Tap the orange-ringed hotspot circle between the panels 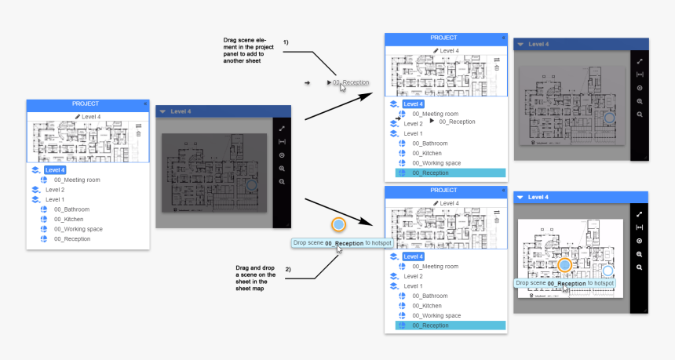pyautogui.click(x=338, y=225)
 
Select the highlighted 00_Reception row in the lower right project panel pyautogui.click(x=450, y=325)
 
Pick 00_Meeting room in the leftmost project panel pyautogui.click(x=78, y=180)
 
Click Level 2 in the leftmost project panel pyautogui.click(x=55, y=190)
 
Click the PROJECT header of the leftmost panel pyautogui.click(x=86, y=104)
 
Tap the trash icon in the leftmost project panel pyautogui.click(x=139, y=134)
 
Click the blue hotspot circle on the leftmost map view pyautogui.click(x=250, y=185)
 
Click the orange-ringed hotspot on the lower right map pyautogui.click(x=564, y=266)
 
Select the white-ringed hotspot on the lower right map pyautogui.click(x=607, y=271)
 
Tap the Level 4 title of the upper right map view pyautogui.click(x=539, y=45)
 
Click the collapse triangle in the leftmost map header pyautogui.click(x=162, y=112)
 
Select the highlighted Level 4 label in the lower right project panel pyautogui.click(x=414, y=256)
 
